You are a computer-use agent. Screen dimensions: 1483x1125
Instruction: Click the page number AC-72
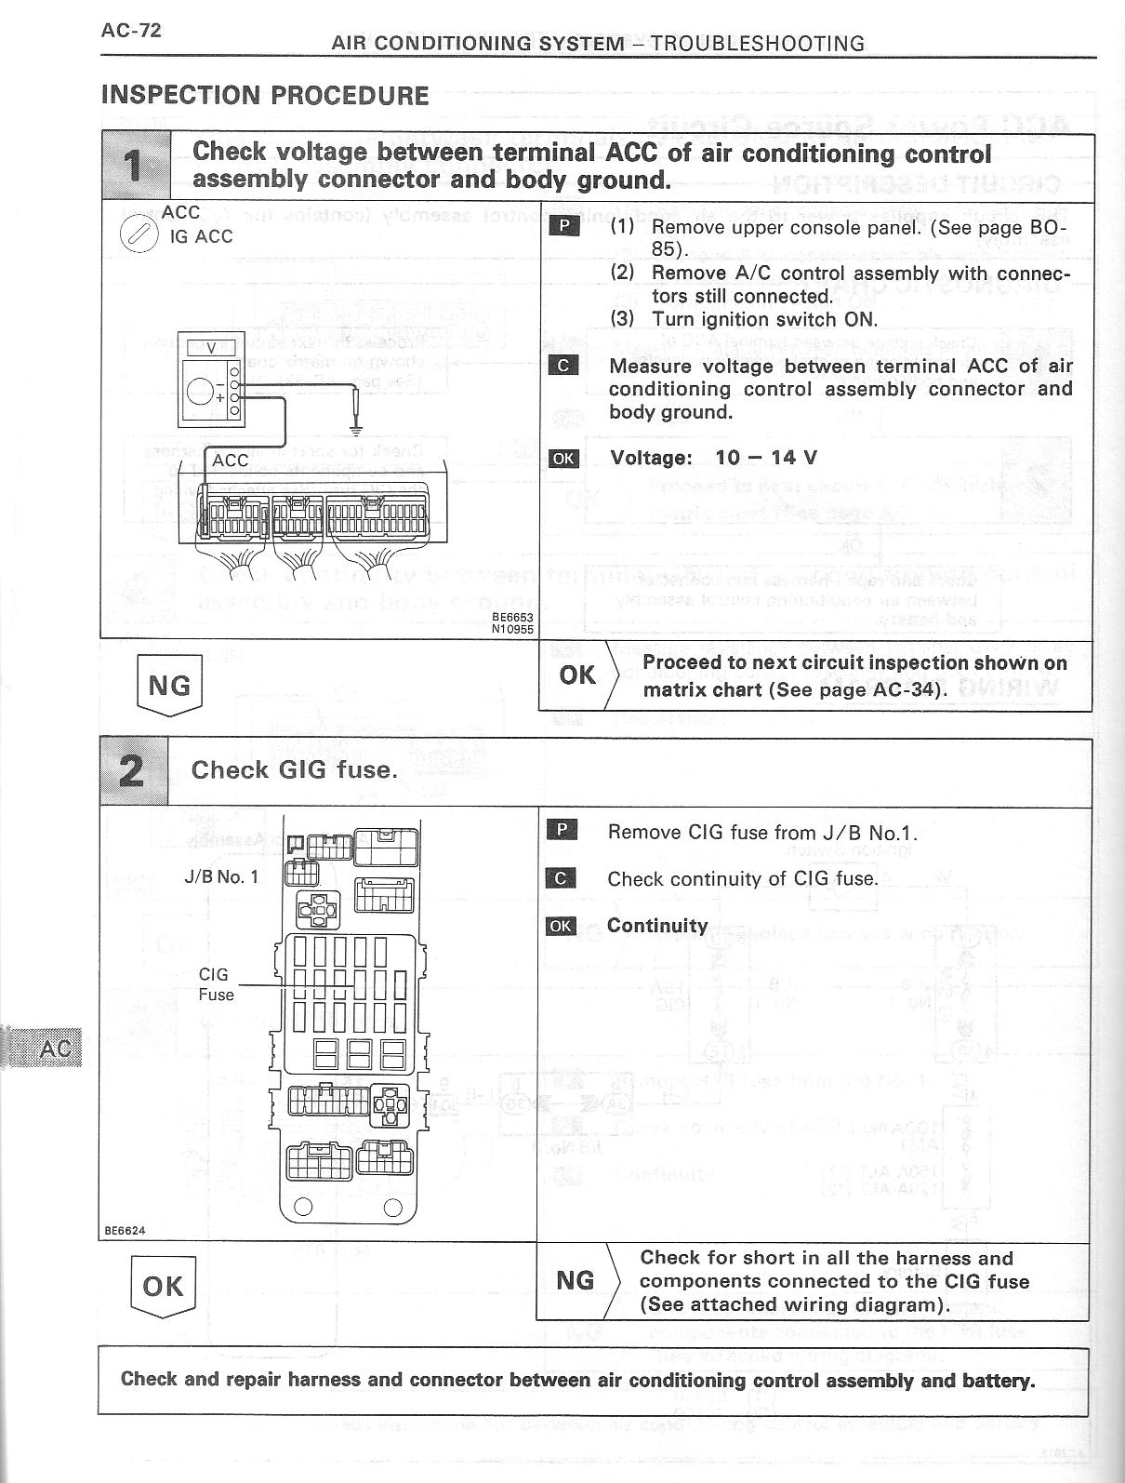[131, 31]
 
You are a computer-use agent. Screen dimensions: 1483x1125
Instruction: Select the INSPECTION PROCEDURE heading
[265, 96]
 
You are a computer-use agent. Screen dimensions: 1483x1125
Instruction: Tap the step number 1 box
[135, 167]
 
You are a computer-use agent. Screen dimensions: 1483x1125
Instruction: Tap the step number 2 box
[134, 771]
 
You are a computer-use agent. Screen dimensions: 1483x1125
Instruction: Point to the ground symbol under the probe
[354, 429]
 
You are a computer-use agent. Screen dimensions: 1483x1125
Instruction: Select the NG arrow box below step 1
[169, 686]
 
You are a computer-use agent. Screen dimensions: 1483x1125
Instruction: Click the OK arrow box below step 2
[164, 1287]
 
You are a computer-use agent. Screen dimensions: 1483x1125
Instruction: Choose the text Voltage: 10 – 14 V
[713, 458]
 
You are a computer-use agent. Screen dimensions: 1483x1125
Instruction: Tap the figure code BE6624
[124, 1230]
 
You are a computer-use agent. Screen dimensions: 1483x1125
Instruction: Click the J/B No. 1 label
[221, 876]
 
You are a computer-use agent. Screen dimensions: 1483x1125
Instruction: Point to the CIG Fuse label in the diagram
[215, 984]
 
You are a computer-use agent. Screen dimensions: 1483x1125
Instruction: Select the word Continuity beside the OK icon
[657, 926]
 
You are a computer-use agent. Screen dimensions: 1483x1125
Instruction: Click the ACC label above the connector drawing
[230, 461]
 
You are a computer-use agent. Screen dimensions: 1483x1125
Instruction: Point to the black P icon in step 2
[562, 831]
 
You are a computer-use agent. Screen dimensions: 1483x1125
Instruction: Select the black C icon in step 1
[563, 366]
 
